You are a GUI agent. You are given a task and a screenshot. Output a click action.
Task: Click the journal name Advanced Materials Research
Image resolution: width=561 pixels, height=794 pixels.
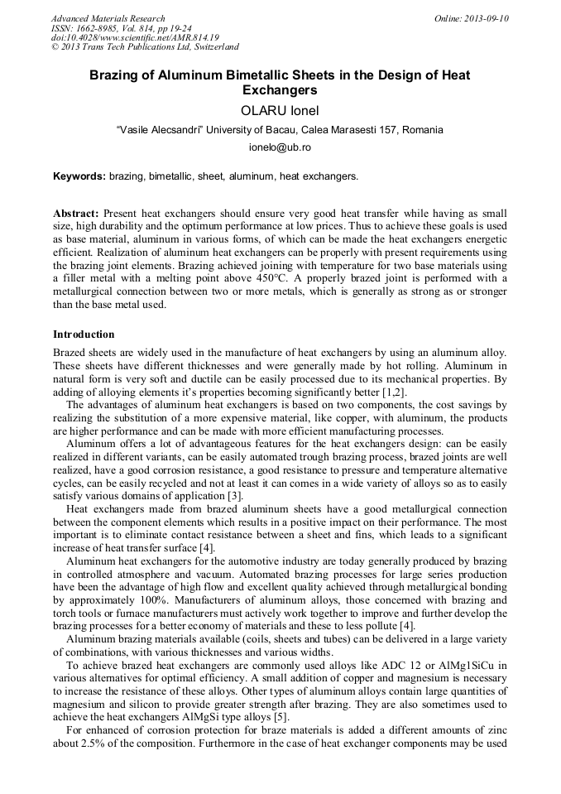pos(108,18)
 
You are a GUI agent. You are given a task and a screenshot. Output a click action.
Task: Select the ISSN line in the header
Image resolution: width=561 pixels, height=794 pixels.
pos(121,28)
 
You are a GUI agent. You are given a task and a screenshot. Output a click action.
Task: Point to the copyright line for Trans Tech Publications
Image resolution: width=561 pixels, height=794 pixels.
pos(145,47)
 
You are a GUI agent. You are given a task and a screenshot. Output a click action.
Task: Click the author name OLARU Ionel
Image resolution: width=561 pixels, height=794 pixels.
pos(280,110)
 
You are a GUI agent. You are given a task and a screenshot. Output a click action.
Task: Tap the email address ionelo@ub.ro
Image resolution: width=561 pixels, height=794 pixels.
pos(280,147)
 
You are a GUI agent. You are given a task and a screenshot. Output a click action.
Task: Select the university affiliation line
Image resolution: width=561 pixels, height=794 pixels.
pos(280,129)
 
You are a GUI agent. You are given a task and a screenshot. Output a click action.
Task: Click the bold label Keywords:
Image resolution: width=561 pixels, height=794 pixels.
pos(79,176)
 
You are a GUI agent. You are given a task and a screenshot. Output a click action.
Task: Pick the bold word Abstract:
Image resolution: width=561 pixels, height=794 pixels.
pos(76,213)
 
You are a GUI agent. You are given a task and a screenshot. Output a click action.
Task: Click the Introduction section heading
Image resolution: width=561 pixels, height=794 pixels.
pos(84,334)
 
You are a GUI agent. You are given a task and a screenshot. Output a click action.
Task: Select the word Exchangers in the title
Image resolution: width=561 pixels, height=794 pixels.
pos(280,89)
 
